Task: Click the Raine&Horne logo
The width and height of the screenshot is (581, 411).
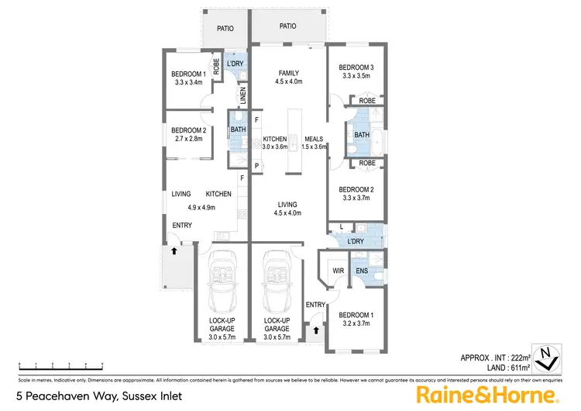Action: (488, 395)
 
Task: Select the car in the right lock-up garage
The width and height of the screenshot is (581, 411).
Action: (276, 278)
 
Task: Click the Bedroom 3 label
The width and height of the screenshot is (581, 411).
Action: (356, 72)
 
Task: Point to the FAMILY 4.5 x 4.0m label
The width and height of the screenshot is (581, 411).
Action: (289, 77)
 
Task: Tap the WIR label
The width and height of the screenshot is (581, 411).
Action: (338, 271)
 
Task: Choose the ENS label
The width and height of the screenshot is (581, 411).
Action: (362, 271)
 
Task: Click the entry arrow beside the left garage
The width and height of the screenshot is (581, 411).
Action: (174, 250)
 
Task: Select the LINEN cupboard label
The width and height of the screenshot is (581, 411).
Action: (242, 97)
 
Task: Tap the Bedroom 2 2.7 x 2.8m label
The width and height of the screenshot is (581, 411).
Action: (187, 134)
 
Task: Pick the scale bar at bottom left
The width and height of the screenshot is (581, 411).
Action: (61, 364)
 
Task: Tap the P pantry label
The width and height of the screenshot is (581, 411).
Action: (256, 165)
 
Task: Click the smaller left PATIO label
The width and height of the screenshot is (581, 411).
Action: (225, 29)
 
